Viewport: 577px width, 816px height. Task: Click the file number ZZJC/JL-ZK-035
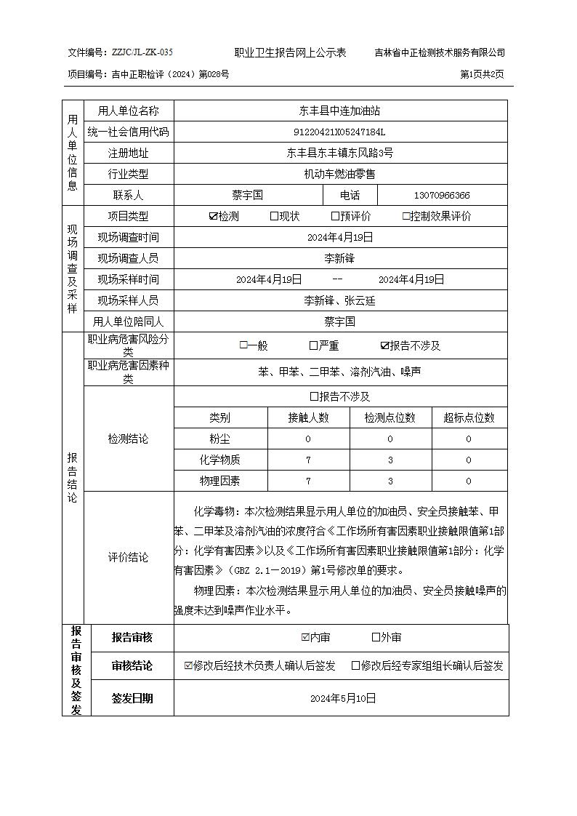(x=142, y=53)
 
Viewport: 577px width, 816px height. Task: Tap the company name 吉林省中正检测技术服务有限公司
(x=440, y=53)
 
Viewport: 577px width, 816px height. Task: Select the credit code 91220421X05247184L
(x=339, y=132)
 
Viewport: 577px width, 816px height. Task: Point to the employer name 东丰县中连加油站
(x=339, y=111)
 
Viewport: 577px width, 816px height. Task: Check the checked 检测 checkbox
(x=213, y=217)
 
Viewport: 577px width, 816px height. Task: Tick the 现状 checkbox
(x=274, y=217)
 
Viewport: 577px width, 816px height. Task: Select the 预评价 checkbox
(x=335, y=217)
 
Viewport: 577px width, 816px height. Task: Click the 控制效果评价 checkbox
(x=406, y=217)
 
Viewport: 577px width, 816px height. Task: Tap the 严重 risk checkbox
(x=313, y=346)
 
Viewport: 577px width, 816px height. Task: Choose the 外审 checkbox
(x=376, y=638)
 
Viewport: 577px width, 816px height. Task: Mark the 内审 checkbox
(x=305, y=638)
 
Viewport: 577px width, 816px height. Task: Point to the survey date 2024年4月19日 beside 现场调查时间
(x=339, y=237)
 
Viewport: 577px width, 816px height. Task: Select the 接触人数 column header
(x=308, y=417)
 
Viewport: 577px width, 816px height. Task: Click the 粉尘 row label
(x=219, y=439)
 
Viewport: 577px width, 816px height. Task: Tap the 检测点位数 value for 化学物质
(x=390, y=460)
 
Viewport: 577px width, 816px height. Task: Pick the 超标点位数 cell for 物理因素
(x=469, y=481)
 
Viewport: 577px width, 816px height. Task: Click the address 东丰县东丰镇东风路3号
(x=339, y=153)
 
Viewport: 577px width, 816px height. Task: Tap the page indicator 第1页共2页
(x=483, y=74)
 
